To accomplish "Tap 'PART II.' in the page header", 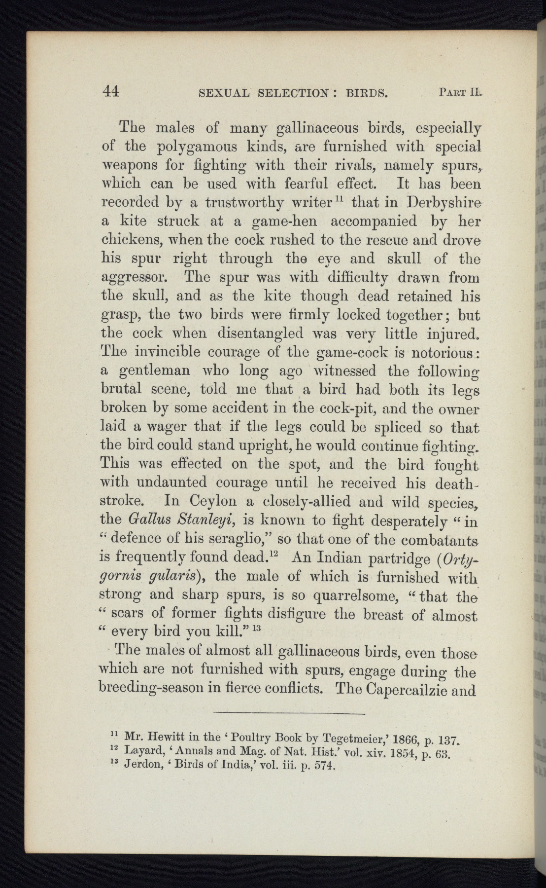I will [x=458, y=92].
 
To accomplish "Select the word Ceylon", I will [x=210, y=502].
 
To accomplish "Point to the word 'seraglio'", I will [x=229, y=539].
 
